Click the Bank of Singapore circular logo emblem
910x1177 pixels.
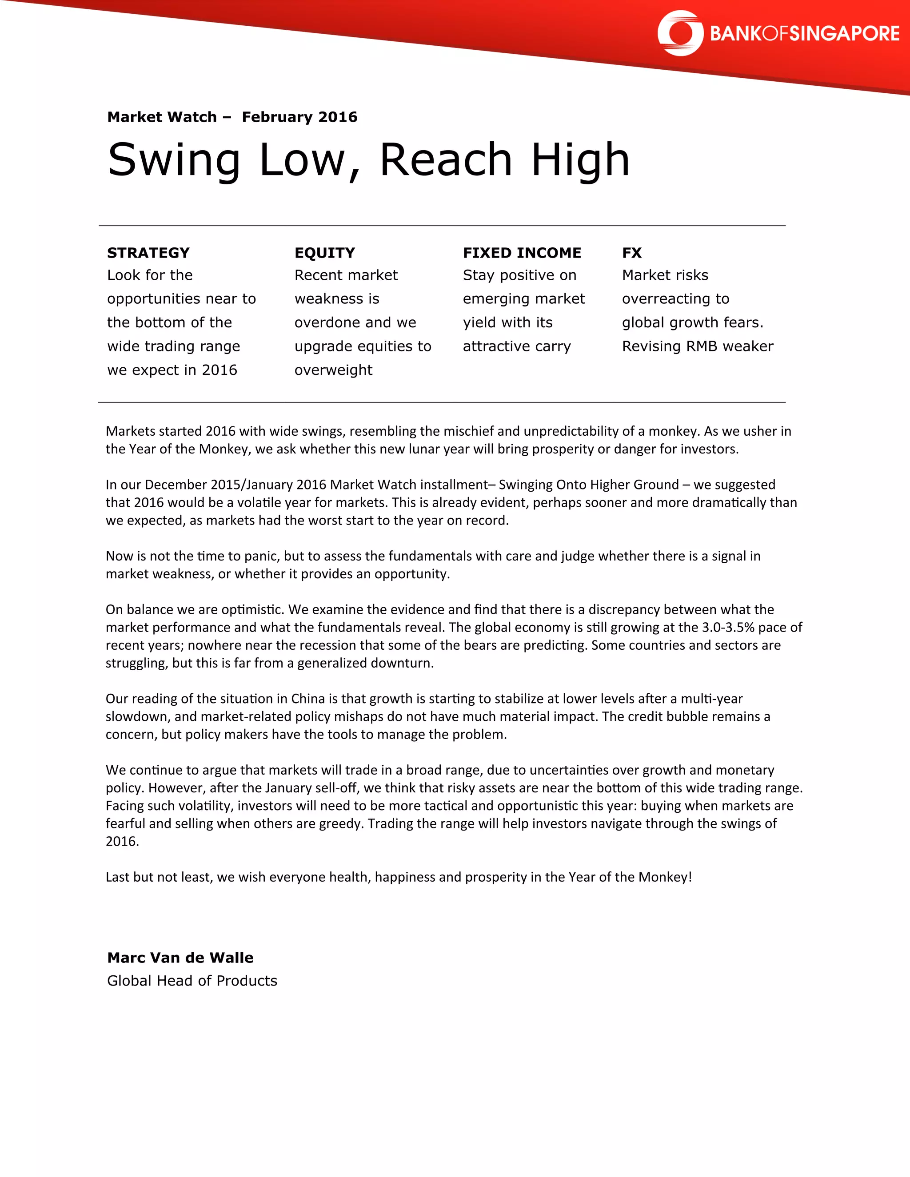pyautogui.click(x=680, y=33)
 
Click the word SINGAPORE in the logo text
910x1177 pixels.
pyautogui.click(x=844, y=34)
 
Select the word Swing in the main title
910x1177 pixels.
pyautogui.click(x=174, y=160)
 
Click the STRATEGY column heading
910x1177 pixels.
pyautogui.click(x=148, y=253)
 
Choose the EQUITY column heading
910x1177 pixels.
pyautogui.click(x=324, y=253)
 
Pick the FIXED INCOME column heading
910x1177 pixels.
pyautogui.click(x=522, y=253)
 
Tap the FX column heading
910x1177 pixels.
pyautogui.click(x=632, y=253)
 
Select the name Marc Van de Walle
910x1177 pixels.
pyautogui.click(x=180, y=958)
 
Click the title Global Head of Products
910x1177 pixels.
pyautogui.click(x=192, y=981)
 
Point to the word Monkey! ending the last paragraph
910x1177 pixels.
pyautogui.click(x=665, y=877)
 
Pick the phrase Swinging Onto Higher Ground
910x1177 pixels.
pyautogui.click(x=589, y=485)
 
